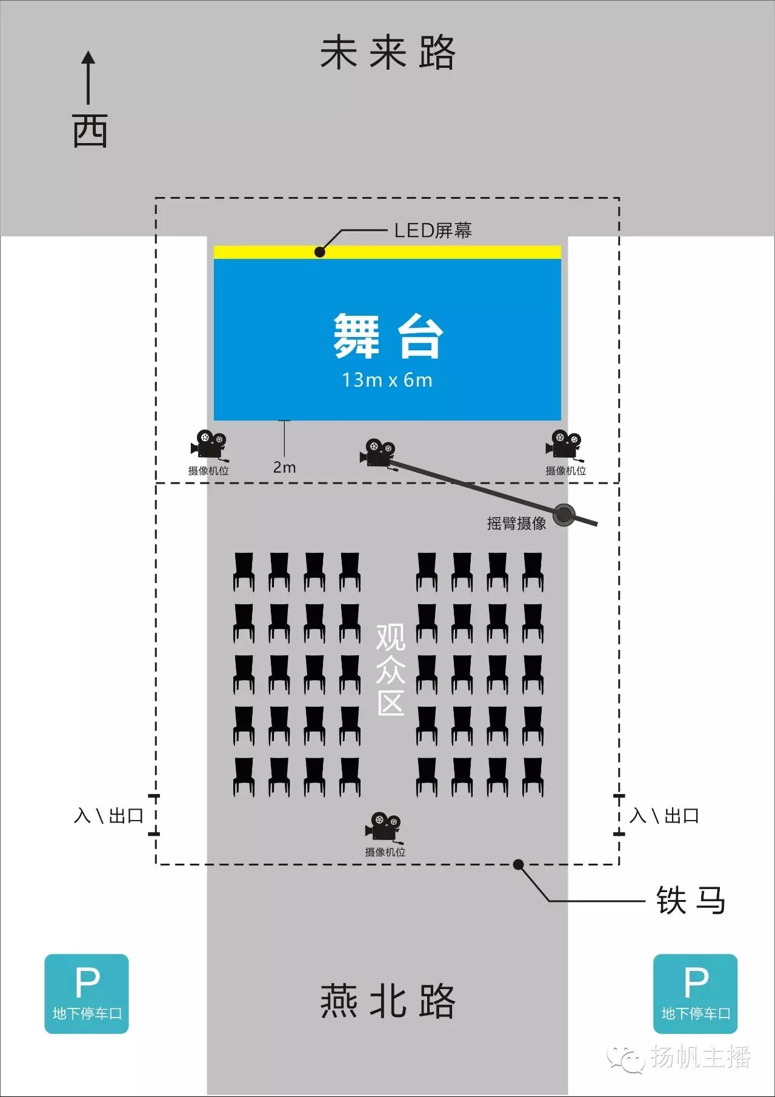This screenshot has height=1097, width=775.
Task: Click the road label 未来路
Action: [387, 53]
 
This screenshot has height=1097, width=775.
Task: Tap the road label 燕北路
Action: [387, 1001]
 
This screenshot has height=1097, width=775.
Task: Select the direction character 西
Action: [90, 131]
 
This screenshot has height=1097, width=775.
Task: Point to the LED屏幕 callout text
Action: [433, 230]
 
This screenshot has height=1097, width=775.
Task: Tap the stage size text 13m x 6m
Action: [387, 380]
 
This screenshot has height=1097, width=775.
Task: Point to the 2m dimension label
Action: [284, 467]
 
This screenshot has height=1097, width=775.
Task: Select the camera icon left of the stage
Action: [209, 445]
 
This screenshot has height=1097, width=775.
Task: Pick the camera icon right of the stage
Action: [564, 445]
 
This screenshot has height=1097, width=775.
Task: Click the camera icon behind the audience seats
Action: [384, 827]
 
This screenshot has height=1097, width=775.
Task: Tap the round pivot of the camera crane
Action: [565, 515]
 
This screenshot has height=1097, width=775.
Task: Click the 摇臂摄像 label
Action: [516, 523]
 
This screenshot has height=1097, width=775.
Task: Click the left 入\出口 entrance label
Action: [108, 816]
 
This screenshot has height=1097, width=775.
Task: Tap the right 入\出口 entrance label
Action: [665, 816]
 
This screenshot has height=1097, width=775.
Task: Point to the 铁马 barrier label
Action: [691, 901]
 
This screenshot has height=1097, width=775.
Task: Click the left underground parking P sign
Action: [87, 993]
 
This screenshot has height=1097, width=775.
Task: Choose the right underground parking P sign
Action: [695, 993]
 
